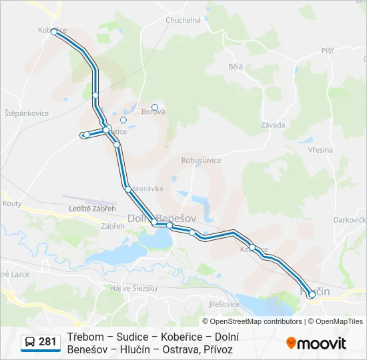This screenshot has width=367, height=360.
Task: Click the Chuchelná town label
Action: tap(183, 21)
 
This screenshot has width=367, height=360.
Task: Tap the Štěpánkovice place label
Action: tap(26, 113)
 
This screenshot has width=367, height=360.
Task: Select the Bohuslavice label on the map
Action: tap(201, 161)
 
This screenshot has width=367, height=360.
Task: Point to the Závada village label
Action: tap(274, 125)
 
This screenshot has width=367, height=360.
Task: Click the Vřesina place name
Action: tap(320, 150)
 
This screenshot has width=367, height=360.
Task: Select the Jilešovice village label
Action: tap(224, 304)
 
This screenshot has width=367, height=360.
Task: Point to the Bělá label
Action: tap(236, 67)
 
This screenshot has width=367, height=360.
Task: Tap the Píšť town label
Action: tap(327, 51)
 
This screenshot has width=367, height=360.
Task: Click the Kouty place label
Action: tap(12, 203)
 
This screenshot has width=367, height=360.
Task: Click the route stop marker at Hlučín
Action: tap(312, 294)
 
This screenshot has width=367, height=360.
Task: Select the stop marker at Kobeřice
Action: tap(54, 31)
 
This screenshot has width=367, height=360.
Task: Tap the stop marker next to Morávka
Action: tap(128, 189)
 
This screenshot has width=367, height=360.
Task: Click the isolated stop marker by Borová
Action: tap(155, 107)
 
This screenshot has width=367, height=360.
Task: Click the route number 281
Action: tap(47, 342)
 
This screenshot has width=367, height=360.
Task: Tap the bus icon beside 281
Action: tap(30, 343)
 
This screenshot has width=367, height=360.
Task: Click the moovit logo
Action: tap(316, 343)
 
